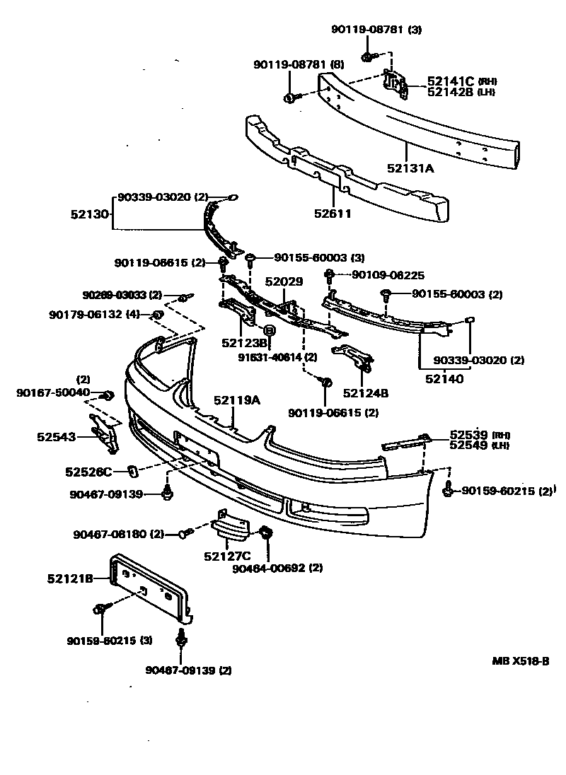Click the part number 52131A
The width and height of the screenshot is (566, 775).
click(410, 168)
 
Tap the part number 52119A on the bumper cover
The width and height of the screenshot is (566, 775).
click(237, 401)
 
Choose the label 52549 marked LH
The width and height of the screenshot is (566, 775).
click(470, 445)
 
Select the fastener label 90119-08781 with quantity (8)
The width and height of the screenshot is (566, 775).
click(299, 64)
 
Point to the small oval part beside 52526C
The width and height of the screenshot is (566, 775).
click(132, 469)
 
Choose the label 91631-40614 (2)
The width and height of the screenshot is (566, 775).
click(277, 357)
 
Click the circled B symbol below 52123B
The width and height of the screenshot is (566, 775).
click(269, 330)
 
